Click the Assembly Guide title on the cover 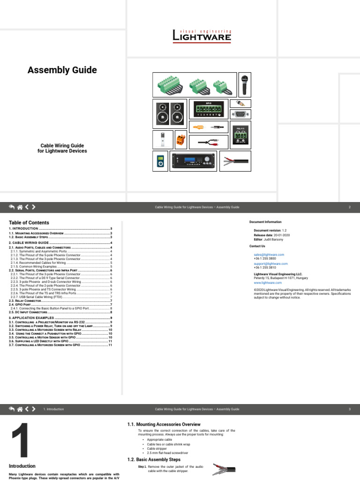(62, 70)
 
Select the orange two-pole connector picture (180, 140)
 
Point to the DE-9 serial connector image (240, 114)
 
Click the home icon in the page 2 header (20, 207)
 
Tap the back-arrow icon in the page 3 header (11, 409)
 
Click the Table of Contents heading (29, 223)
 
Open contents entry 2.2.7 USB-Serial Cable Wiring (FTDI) (37, 297)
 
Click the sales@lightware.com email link (269, 255)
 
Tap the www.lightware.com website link (268, 283)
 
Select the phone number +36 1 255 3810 (265, 268)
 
